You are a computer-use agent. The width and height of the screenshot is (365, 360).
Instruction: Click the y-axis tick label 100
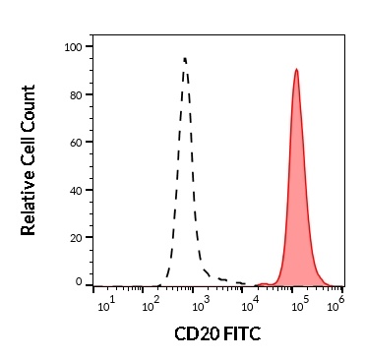pos(73,46)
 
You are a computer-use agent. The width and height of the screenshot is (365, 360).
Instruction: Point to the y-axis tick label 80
pos(75,94)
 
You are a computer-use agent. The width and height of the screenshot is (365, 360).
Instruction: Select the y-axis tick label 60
pos(75,142)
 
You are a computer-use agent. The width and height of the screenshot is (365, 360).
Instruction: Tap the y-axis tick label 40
pos(75,190)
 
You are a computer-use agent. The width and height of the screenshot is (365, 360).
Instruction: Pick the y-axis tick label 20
pos(75,237)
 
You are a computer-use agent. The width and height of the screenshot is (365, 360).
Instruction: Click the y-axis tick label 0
pos(79,282)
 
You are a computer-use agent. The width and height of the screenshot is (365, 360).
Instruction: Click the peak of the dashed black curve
pos(184,58)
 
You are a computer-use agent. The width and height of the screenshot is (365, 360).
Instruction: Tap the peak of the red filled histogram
pos(296,70)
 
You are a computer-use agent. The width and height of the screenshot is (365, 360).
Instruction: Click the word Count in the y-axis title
pos(29,102)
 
